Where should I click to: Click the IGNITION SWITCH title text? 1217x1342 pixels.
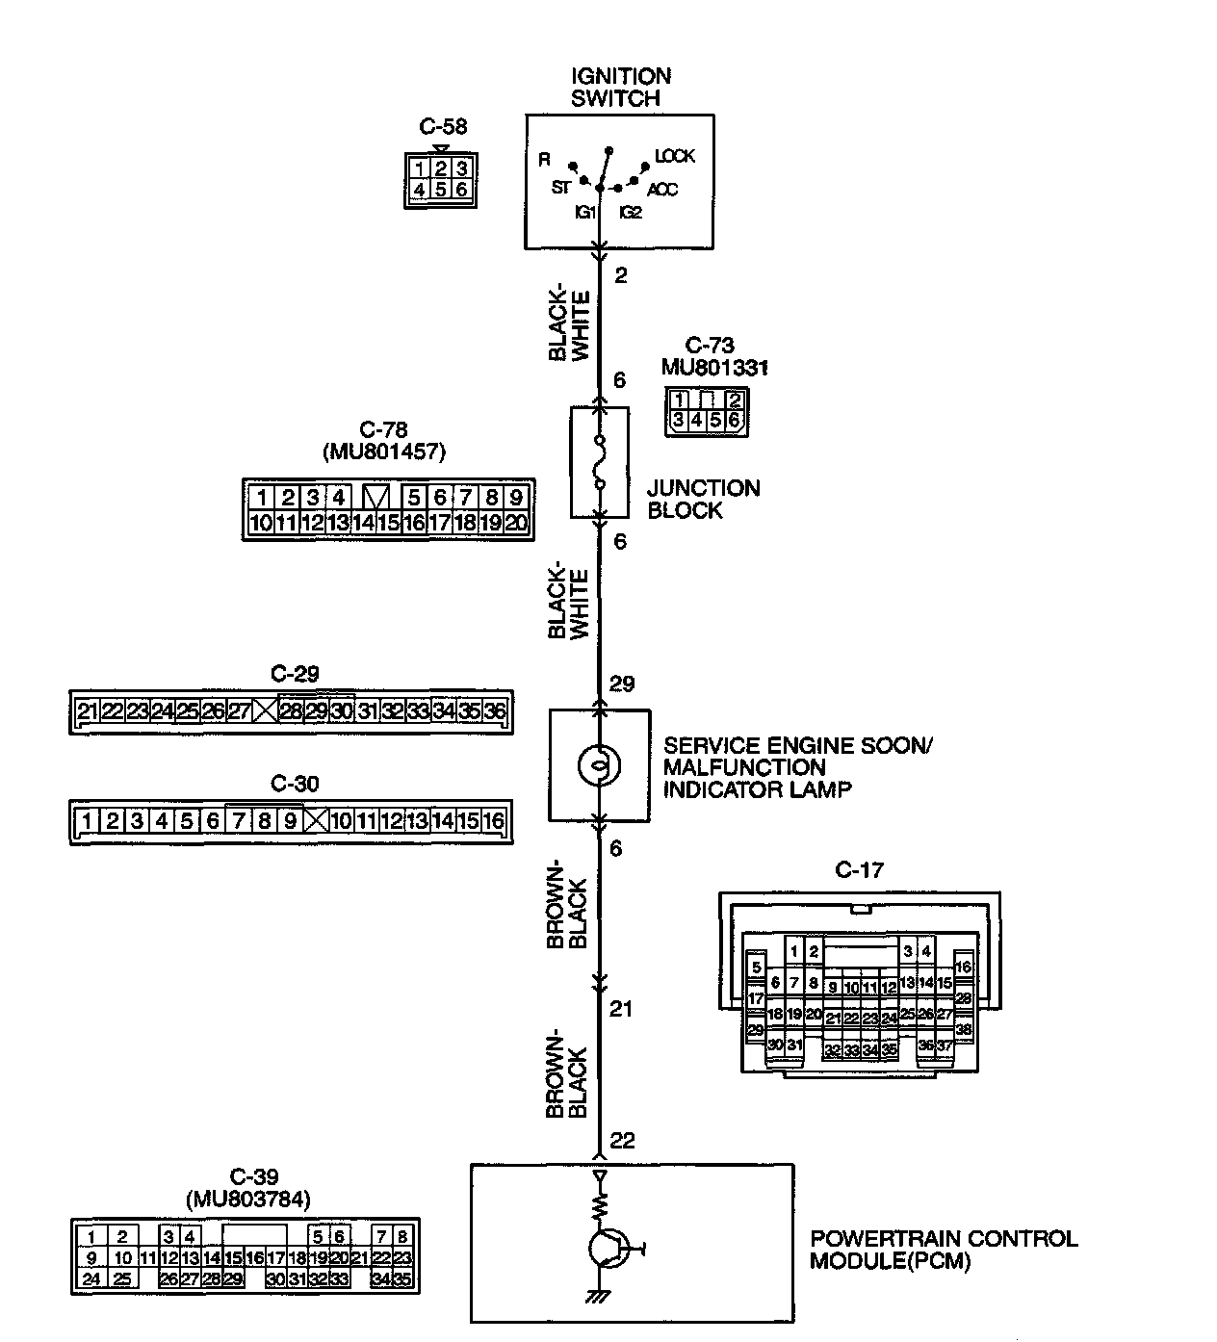(x=620, y=88)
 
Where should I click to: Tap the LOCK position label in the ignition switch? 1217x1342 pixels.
(x=674, y=156)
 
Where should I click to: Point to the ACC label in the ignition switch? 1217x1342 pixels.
(x=661, y=190)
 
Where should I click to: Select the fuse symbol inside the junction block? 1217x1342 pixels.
(x=600, y=461)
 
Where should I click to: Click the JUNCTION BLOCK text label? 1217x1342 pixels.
(x=703, y=499)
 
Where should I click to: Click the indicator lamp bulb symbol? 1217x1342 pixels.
(x=599, y=765)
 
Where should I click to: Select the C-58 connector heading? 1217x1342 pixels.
(x=443, y=126)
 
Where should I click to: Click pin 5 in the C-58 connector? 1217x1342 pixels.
(x=440, y=190)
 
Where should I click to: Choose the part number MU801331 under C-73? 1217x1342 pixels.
(x=713, y=368)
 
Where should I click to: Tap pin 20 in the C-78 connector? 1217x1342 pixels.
(x=516, y=523)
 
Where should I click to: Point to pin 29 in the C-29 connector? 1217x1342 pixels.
(x=316, y=710)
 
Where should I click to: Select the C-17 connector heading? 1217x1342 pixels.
(x=859, y=869)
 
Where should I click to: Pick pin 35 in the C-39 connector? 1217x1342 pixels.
(x=401, y=1279)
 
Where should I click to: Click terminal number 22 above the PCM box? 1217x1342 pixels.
(x=622, y=1140)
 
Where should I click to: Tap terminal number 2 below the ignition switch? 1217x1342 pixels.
(x=620, y=275)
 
